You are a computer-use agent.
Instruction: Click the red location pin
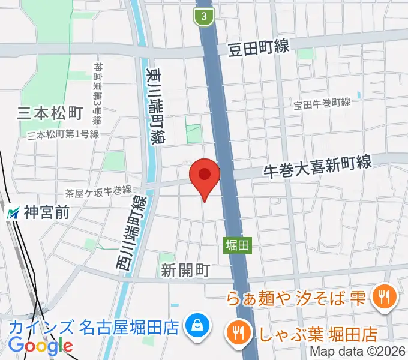(205, 176)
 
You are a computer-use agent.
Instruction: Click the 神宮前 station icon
(13, 212)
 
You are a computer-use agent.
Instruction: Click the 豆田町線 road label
(259, 47)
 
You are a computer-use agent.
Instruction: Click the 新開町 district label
(185, 271)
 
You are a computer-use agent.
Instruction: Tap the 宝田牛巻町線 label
(322, 103)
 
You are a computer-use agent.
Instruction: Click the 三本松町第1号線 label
(63, 134)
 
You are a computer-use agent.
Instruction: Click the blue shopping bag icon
(196, 327)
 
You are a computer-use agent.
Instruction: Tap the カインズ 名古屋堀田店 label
(94, 328)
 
